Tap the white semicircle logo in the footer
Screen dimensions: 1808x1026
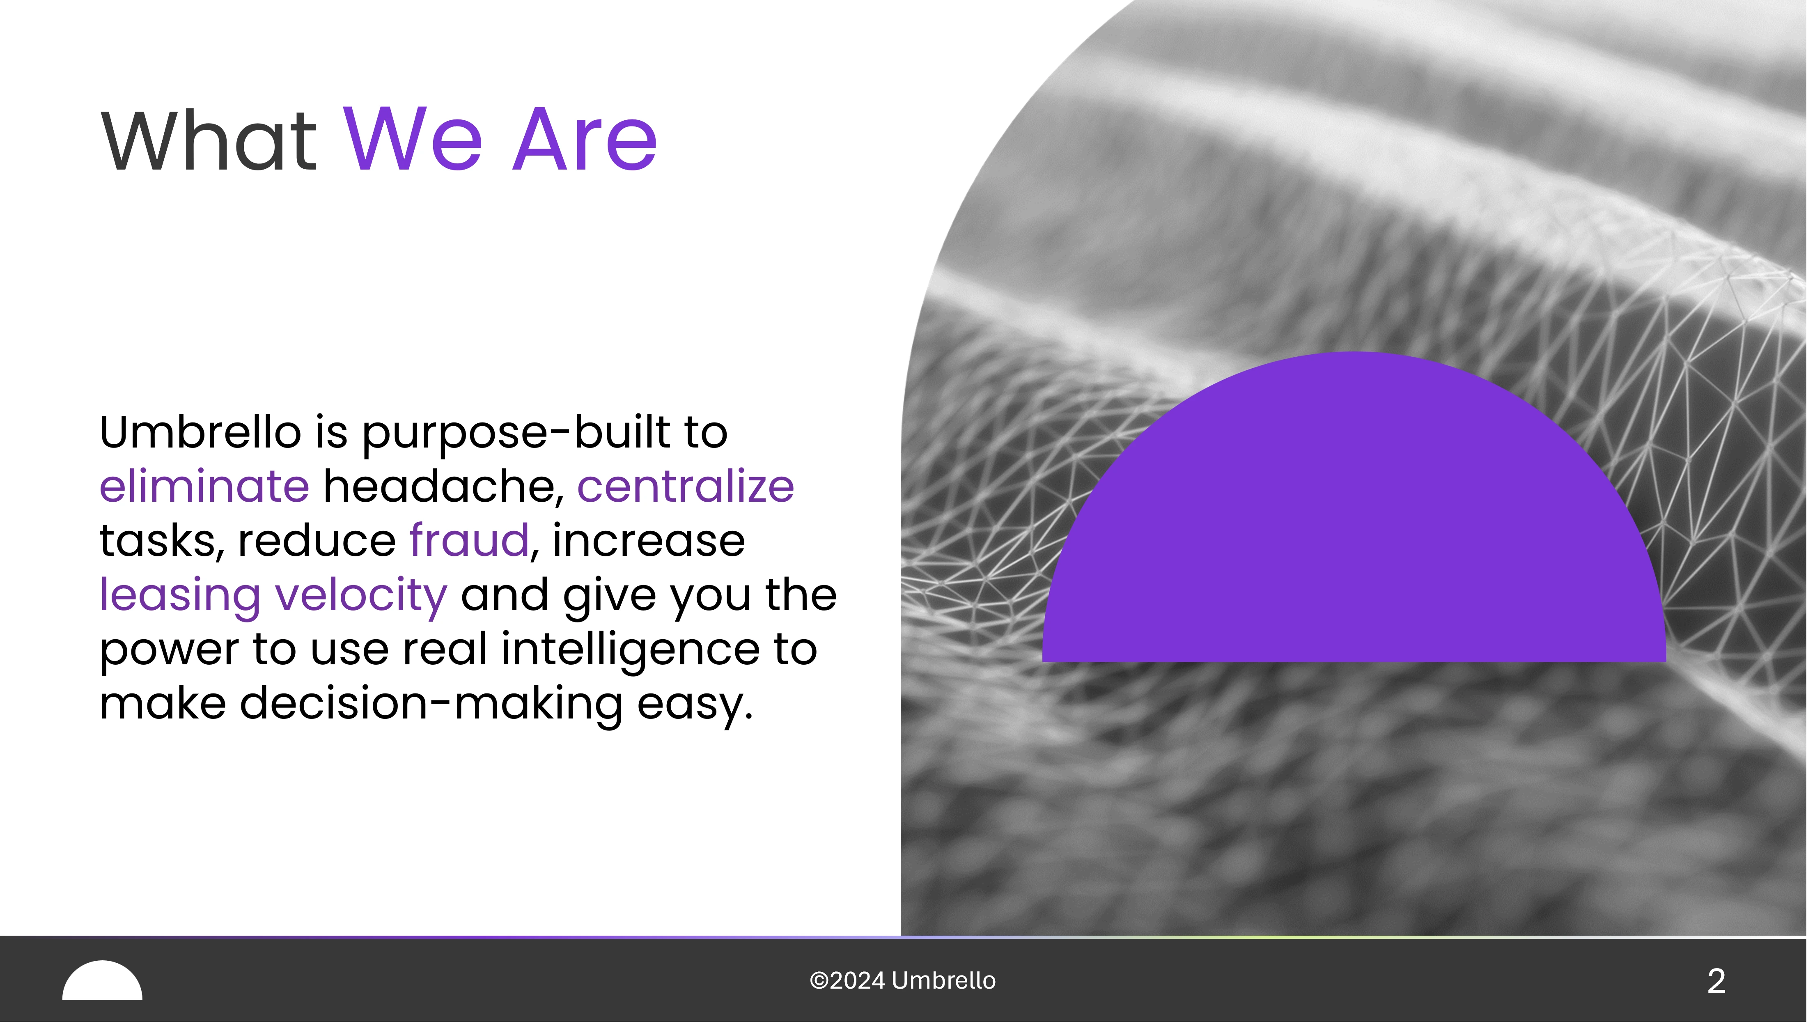[102, 981]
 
